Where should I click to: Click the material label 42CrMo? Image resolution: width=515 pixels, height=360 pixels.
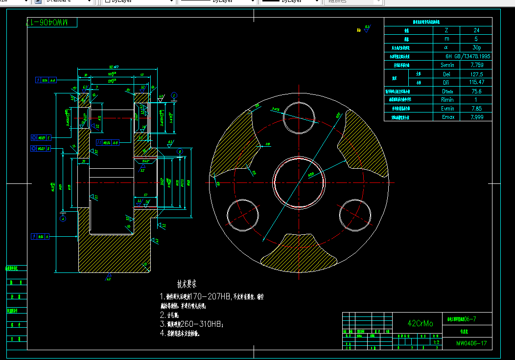tap(421, 323)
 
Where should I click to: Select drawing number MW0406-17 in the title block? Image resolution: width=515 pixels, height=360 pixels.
tap(471, 343)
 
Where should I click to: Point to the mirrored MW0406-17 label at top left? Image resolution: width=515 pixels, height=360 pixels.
tap(51, 22)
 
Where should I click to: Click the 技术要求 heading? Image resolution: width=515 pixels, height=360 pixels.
tap(187, 284)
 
